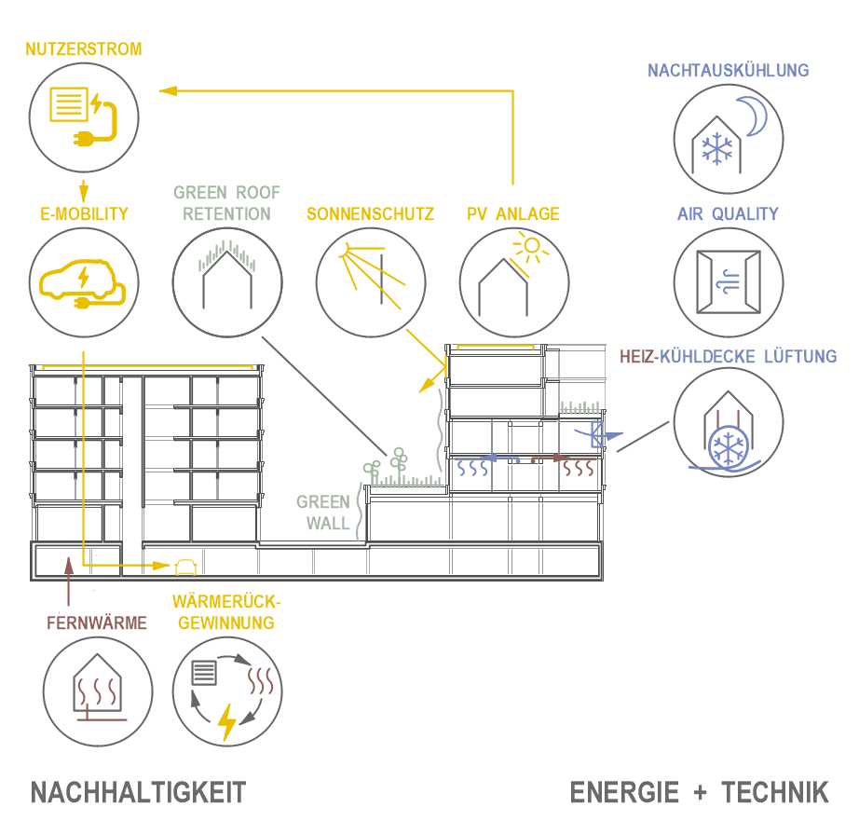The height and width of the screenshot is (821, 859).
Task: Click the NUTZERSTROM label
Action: point(84,49)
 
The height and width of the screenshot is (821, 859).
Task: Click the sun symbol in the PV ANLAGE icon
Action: point(530,249)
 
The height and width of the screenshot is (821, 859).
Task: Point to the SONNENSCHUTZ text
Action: point(371,214)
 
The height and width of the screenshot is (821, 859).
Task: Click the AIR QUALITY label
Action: point(728,214)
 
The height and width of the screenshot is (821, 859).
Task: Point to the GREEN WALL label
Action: point(323,512)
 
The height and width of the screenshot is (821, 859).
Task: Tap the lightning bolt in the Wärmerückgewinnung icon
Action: point(226,720)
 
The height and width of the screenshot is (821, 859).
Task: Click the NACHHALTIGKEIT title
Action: point(139,792)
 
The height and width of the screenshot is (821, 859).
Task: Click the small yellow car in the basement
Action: point(184,565)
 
